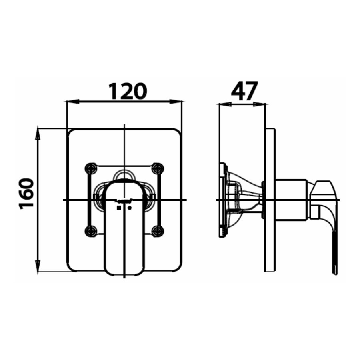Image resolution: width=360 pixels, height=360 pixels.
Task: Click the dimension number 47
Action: click(x=244, y=91)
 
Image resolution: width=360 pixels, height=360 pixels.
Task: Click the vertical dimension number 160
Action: click(x=26, y=194)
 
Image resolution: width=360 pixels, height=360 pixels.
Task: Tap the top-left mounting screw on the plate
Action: click(x=92, y=168)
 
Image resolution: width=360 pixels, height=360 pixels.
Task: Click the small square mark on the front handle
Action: click(x=118, y=208)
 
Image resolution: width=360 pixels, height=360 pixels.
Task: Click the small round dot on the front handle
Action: click(x=130, y=208)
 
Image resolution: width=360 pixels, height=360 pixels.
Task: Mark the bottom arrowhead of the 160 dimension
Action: click(x=38, y=267)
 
